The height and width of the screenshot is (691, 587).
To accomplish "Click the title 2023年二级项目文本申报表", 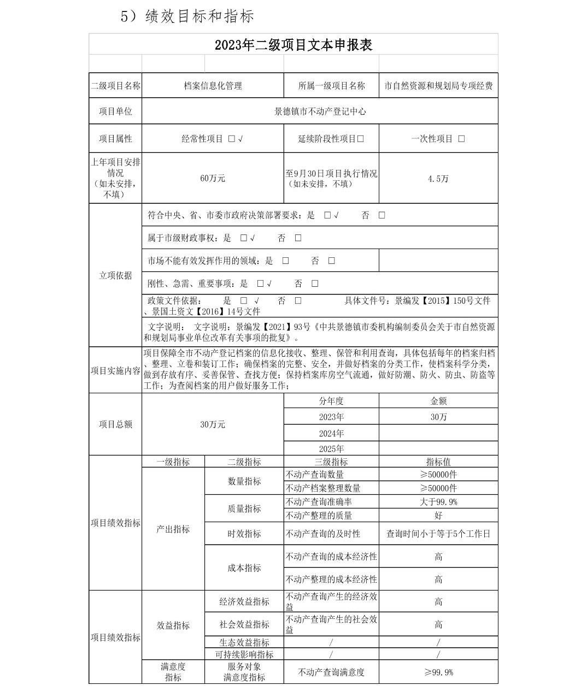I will (x=293, y=45).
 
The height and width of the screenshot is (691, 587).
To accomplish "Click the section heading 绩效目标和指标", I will (x=199, y=16).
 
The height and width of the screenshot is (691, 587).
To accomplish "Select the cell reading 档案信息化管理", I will (x=213, y=86).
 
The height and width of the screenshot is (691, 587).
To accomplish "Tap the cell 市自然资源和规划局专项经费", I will (x=438, y=86).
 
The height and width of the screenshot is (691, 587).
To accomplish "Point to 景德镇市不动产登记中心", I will (x=320, y=111).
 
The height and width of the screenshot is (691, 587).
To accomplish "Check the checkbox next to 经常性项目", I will (x=232, y=139).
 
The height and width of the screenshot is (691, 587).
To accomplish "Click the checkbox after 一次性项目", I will (x=461, y=139).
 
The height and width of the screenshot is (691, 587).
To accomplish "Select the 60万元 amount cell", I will (x=213, y=178).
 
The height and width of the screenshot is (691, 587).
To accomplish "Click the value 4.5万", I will (x=438, y=179).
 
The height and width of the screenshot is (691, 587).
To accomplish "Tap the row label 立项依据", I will (x=115, y=275).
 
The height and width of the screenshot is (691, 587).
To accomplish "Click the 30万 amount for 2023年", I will (x=438, y=417).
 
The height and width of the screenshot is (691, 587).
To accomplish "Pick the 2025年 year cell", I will (x=331, y=448).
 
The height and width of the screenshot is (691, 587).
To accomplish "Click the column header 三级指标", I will (x=331, y=462).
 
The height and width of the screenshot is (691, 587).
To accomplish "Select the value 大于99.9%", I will (x=438, y=501).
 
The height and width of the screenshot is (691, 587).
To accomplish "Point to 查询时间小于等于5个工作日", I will (x=438, y=534).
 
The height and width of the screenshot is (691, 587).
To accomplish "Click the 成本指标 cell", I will (x=244, y=568).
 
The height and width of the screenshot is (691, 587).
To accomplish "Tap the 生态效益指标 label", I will (x=244, y=642).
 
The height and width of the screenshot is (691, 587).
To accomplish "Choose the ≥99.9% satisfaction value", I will (x=438, y=672).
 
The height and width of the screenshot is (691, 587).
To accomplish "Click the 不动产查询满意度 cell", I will (x=331, y=672).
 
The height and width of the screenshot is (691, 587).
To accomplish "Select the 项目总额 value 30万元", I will (x=213, y=424).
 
